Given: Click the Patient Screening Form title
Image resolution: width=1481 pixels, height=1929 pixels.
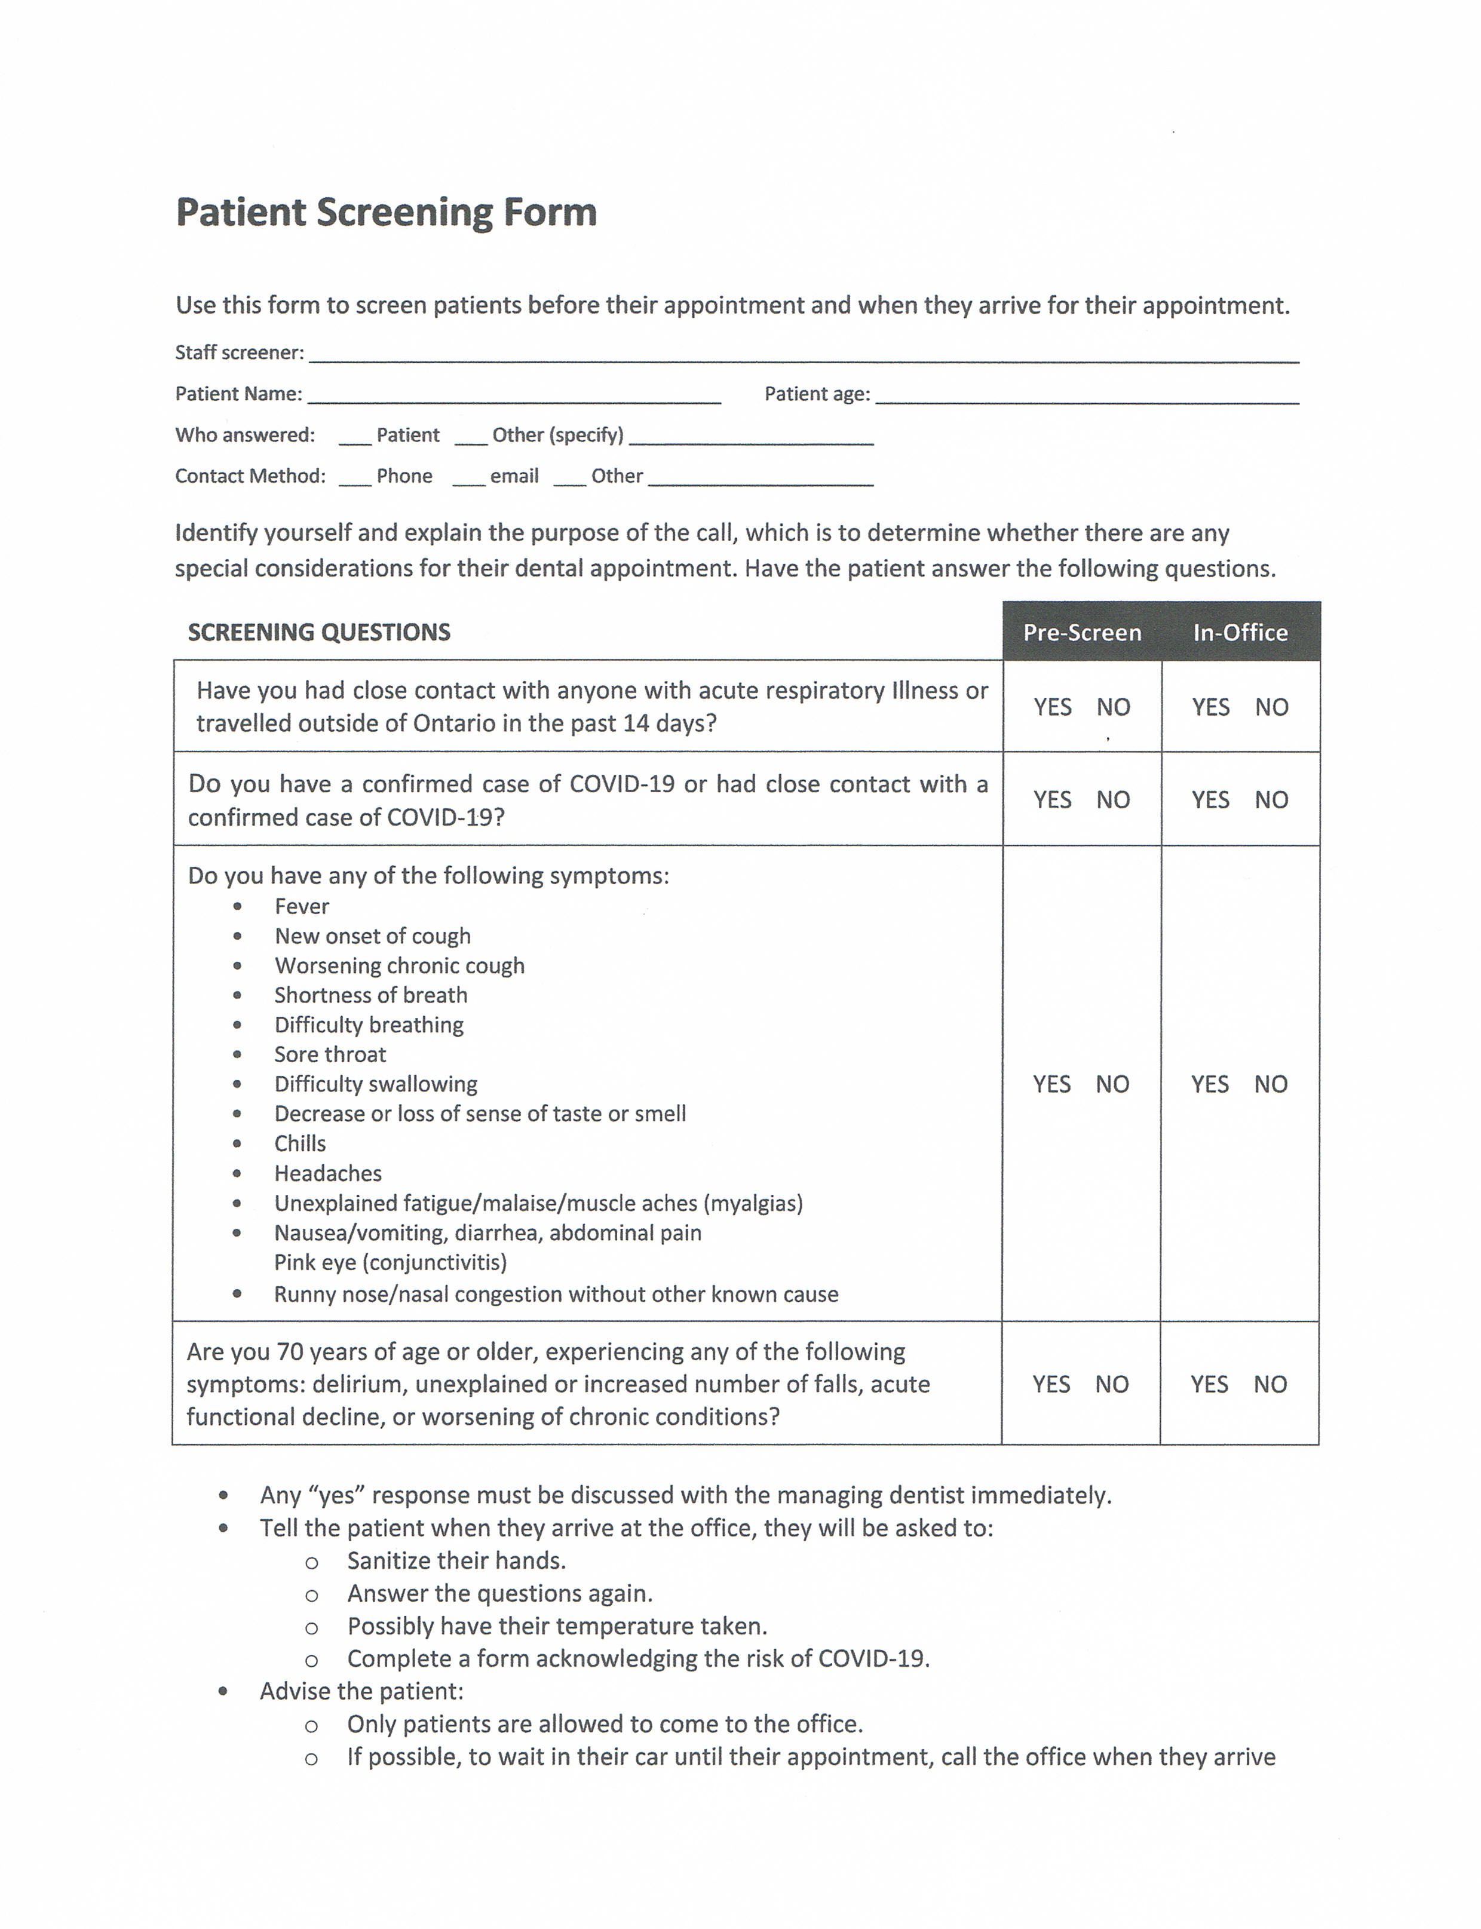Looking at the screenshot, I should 386,213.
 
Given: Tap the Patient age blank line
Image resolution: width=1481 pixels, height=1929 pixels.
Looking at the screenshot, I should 1086,396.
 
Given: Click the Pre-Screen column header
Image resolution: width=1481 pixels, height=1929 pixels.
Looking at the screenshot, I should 1082,632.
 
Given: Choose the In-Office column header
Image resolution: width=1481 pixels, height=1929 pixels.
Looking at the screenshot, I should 1240,632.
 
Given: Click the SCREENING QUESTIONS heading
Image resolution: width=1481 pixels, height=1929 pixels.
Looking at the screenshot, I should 319,632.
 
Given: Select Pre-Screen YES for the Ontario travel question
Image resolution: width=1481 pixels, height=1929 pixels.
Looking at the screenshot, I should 1053,707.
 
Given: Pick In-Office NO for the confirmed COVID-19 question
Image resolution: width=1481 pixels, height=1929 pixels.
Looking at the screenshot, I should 1271,800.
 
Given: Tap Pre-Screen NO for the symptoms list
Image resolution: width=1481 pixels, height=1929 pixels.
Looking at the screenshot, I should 1112,1084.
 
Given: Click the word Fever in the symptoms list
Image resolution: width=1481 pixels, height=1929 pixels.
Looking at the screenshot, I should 302,906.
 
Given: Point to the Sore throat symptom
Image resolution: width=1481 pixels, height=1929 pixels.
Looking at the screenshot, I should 330,1054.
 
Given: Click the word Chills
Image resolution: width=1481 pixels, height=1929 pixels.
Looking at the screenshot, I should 300,1143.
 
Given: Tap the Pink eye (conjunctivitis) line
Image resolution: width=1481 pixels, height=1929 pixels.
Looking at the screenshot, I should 391,1262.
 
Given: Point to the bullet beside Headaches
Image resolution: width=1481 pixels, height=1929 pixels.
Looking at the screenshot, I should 237,1173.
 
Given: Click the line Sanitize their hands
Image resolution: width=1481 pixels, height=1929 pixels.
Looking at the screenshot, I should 456,1560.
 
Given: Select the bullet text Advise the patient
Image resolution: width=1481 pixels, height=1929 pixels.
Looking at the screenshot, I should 361,1691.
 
